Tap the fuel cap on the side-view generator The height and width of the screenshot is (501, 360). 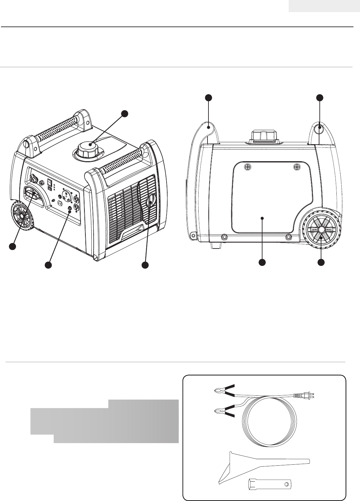tap(264, 135)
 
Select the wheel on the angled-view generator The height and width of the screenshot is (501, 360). tap(22, 216)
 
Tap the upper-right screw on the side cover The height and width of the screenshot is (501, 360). tap(297, 167)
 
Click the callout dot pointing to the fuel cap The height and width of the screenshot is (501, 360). tap(124, 113)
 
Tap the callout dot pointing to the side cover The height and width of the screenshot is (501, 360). tap(262, 262)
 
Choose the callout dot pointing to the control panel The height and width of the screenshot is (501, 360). tap(48, 265)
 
